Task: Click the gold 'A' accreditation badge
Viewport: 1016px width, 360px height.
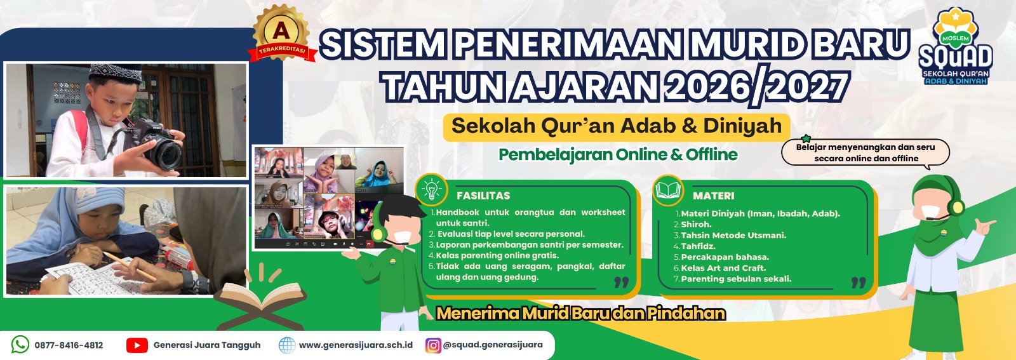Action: pyautogui.click(x=281, y=32)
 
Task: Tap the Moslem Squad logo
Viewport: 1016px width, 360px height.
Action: pyautogui.click(x=955, y=48)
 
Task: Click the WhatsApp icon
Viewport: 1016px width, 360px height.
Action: pyautogui.click(x=20, y=344)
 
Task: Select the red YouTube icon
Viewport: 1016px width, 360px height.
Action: pyautogui.click(x=137, y=345)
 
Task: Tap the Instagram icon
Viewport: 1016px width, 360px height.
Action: pyautogui.click(x=433, y=345)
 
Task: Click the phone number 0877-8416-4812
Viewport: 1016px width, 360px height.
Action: pyautogui.click(x=69, y=345)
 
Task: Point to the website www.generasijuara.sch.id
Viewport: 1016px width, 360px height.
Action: pyautogui.click(x=356, y=345)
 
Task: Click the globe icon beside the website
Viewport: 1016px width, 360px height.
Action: pyautogui.click(x=287, y=345)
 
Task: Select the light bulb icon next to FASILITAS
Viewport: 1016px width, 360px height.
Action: pyautogui.click(x=432, y=190)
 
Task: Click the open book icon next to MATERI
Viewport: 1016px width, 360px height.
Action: pyautogui.click(x=667, y=190)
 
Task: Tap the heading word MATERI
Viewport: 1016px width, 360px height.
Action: pyautogui.click(x=713, y=196)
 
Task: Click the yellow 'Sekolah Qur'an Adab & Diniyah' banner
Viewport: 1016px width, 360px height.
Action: pyautogui.click(x=616, y=126)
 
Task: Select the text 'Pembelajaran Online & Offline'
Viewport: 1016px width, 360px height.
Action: pyautogui.click(x=618, y=154)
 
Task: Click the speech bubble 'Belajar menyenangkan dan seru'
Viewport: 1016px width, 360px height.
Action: pyautogui.click(x=866, y=152)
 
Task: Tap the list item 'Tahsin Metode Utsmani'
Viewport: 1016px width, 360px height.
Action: pyautogui.click(x=733, y=236)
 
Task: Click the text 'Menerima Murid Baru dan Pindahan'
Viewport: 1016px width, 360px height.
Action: pyautogui.click(x=580, y=313)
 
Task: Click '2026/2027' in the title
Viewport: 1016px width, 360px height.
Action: pyautogui.click(x=756, y=87)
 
